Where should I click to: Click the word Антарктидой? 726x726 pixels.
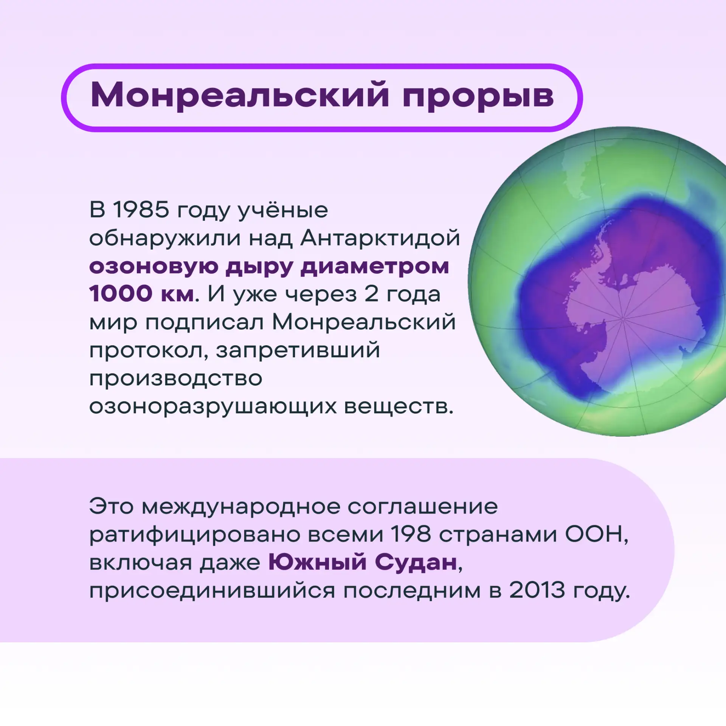[380, 238]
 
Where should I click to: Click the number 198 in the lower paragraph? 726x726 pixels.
[411, 534]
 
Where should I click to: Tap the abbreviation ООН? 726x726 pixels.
[596, 535]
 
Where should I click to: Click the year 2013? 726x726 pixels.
[537, 590]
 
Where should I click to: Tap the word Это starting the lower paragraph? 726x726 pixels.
[112, 506]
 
